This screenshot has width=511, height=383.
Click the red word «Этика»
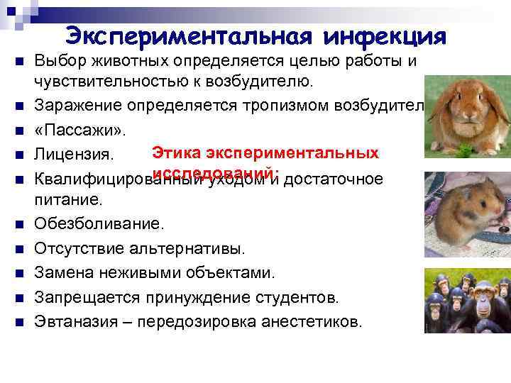(177, 152)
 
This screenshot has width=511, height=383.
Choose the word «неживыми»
(142, 273)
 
